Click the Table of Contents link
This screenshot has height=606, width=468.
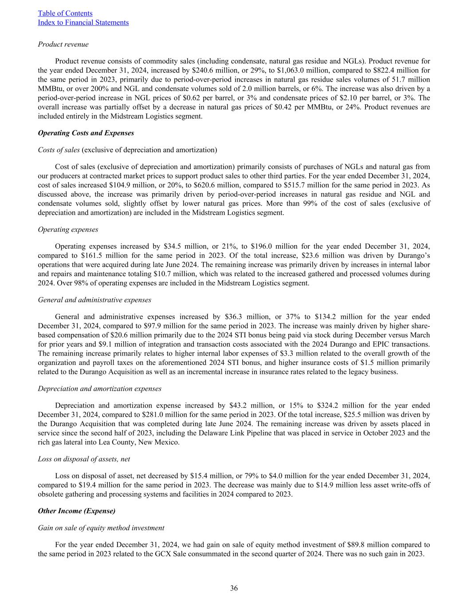coord(65,13)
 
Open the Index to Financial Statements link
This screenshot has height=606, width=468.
coord(83,22)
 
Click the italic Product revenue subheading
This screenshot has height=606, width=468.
coord(63,44)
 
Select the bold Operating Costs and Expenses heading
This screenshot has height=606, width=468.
coord(86,133)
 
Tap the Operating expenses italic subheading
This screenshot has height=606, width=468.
coord(68,230)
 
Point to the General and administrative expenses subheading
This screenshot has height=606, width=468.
coord(94,300)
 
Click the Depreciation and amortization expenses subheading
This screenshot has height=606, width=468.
coord(99,388)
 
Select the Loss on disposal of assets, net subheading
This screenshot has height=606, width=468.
coord(84,459)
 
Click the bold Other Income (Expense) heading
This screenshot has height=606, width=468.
coord(77,511)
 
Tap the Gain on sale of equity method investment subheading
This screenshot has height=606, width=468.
coord(101,528)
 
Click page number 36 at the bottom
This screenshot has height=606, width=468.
coord(234,588)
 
